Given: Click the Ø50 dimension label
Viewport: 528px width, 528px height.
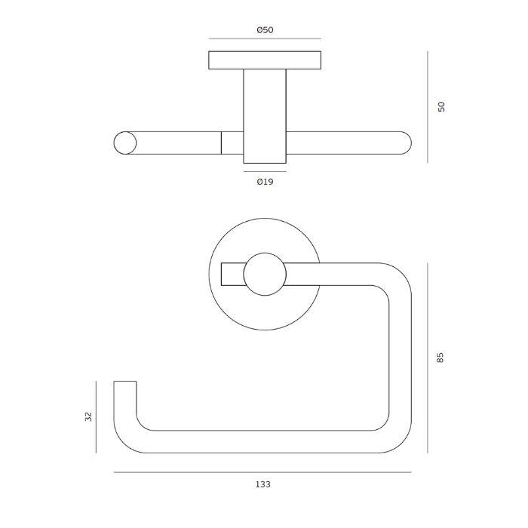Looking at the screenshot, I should pyautogui.click(x=264, y=30).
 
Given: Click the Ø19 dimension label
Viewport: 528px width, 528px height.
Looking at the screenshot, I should pyautogui.click(x=264, y=182).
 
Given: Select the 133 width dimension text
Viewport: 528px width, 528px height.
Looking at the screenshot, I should pyautogui.click(x=262, y=484).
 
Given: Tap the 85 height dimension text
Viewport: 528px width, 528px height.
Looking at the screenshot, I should pyautogui.click(x=442, y=358).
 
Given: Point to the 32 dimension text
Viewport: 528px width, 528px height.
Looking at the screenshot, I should pyautogui.click(x=87, y=416).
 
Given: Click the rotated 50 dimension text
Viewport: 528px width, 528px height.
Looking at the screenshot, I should pyautogui.click(x=442, y=106).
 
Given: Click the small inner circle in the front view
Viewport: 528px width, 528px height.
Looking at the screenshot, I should pyautogui.click(x=264, y=275).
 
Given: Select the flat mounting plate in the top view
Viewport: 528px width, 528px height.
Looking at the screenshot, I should pyautogui.click(x=264, y=60).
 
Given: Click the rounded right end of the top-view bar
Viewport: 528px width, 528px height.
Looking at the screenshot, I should pyautogui.click(x=404, y=143).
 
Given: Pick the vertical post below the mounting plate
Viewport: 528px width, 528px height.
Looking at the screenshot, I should pyautogui.click(x=264, y=113).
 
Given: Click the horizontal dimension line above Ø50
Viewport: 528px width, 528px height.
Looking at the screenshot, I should pyautogui.click(x=264, y=38).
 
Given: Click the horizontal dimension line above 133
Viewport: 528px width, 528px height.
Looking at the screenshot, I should pyautogui.click(x=262, y=472).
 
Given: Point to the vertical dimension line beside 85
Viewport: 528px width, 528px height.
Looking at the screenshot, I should pyautogui.click(x=428, y=358).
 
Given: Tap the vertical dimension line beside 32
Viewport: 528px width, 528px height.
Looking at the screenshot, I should pyautogui.click(x=97, y=416).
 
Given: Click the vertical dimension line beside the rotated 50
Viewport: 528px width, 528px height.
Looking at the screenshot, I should pyautogui.click(x=428, y=106).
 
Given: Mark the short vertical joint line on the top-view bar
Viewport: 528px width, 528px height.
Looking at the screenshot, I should pyautogui.click(x=221, y=143).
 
